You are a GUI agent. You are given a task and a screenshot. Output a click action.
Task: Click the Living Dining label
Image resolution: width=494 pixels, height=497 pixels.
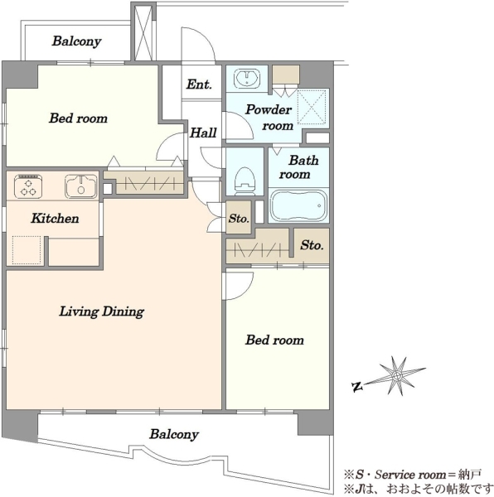point(102,311)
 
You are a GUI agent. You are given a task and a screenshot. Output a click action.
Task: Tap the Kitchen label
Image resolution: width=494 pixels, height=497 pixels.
point(55,219)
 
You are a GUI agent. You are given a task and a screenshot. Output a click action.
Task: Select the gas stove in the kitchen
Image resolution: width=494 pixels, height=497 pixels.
point(28,186)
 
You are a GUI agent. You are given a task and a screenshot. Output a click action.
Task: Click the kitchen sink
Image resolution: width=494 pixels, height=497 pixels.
point(81,186)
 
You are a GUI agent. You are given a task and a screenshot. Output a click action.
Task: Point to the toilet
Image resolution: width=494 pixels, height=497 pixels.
point(245,181)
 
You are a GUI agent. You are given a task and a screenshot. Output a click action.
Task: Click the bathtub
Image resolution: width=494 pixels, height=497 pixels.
point(298,205)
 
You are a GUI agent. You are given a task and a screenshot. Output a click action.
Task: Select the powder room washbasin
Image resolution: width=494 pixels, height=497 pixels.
point(247,78)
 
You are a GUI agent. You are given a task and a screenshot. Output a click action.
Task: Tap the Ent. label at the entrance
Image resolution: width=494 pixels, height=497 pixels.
point(199,84)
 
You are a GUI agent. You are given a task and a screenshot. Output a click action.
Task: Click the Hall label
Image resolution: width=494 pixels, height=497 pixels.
point(203,133)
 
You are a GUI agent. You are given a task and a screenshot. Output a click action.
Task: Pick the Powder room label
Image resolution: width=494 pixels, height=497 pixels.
point(269,118)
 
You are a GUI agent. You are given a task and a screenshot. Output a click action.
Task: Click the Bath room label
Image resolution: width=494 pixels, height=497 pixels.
point(299,167)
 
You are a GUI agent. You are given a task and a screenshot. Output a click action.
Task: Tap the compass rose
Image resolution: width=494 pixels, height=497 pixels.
point(398,376)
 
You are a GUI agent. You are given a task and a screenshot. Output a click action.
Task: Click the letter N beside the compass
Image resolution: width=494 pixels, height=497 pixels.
point(357,387)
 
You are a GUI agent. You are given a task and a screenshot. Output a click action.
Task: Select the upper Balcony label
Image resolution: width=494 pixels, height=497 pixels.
point(76,41)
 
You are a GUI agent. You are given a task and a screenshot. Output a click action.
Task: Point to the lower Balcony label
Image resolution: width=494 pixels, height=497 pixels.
point(174,434)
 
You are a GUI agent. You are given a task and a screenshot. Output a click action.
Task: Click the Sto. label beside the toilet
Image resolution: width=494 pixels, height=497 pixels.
point(239,219)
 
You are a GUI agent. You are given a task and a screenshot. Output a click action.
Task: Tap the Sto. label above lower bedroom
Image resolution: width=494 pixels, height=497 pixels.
point(312,245)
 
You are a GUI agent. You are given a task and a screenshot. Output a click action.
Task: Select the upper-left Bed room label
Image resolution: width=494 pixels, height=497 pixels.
point(78,118)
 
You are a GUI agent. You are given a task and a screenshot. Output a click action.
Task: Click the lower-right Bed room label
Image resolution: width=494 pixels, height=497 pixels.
point(274,340)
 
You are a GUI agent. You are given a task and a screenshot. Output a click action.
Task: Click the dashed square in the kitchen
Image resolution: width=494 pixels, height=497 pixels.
point(27,250)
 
